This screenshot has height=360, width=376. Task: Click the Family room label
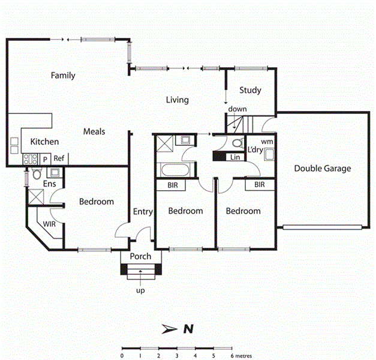(x=63, y=76)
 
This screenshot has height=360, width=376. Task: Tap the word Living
(x=178, y=100)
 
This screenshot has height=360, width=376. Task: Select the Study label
(x=250, y=91)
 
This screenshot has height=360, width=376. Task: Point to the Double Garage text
(x=322, y=169)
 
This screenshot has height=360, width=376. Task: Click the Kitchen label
(x=44, y=142)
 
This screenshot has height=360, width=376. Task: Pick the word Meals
(x=94, y=131)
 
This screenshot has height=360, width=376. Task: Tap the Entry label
(x=143, y=211)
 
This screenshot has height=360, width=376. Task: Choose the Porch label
(x=141, y=257)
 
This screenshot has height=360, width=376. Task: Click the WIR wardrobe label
(x=50, y=224)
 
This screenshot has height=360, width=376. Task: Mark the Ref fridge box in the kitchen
(x=59, y=158)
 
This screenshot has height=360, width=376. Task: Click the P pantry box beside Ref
(x=45, y=159)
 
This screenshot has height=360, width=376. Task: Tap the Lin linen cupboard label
(x=234, y=158)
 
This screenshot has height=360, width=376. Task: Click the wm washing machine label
(x=267, y=141)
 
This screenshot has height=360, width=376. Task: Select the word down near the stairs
(x=237, y=109)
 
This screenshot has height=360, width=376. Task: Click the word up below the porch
(x=141, y=290)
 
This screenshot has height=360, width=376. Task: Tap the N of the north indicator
(x=188, y=329)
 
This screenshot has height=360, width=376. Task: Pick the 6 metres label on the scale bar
(x=240, y=356)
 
